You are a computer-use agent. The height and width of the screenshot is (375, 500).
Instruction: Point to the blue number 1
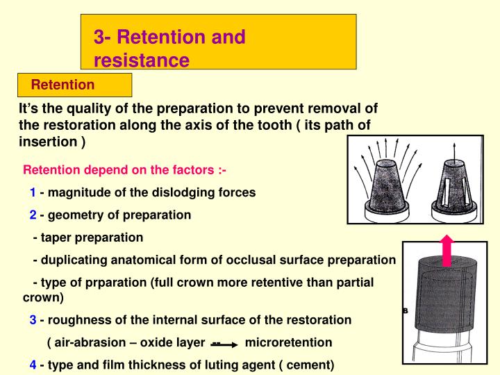33,192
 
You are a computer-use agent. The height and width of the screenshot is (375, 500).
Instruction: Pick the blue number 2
33,215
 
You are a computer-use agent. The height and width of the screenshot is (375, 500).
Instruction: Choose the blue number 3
33,320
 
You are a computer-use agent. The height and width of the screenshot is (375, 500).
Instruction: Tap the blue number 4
33,365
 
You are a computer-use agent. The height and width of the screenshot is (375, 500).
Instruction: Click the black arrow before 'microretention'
226,344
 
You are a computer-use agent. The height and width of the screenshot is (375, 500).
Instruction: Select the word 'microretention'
289,343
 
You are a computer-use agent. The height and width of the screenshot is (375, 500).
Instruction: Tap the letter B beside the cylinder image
405,311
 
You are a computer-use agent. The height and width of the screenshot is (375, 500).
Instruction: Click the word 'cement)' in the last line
312,365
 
